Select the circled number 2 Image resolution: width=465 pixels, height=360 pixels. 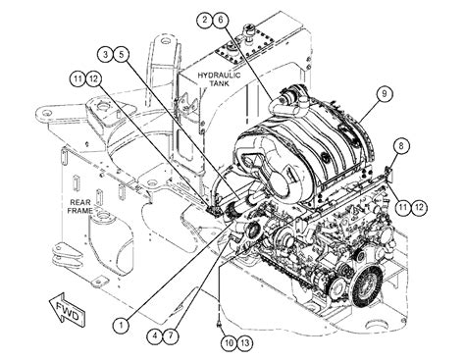pyautogui.click(x=205, y=20)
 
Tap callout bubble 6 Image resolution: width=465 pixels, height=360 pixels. pyautogui.click(x=221, y=20)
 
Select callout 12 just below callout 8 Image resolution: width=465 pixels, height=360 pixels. pyautogui.click(x=420, y=205)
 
